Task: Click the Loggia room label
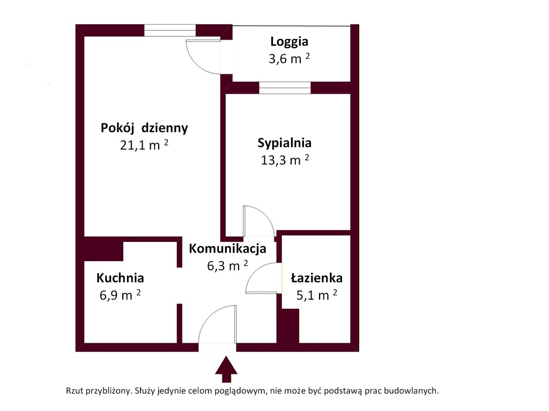[289, 42]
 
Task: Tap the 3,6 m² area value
[289, 58]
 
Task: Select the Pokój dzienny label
[144, 128]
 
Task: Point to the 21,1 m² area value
[144, 144]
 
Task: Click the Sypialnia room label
[284, 143]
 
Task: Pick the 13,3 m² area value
[285, 159]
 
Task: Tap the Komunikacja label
[227, 248]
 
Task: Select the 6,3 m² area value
[227, 265]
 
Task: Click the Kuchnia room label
[120, 278]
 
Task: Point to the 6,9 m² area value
[120, 295]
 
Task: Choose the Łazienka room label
[316, 278]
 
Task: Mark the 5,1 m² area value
[316, 295]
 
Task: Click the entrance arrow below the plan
[226, 369]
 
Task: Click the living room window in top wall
[170, 31]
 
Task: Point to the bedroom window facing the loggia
[285, 88]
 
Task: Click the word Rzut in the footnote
[75, 391]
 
